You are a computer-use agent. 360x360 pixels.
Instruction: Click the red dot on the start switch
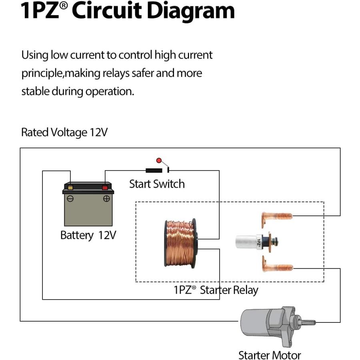pyautogui.click(x=159, y=160)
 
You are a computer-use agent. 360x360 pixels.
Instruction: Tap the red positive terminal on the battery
pyautogui.click(x=105, y=188)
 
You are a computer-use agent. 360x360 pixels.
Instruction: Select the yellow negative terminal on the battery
pyautogui.click(x=70, y=188)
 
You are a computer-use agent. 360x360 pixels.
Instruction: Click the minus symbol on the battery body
pyautogui.click(x=70, y=198)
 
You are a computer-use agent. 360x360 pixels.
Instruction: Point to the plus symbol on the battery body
pyautogui.click(x=106, y=198)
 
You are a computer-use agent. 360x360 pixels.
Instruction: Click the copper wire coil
pyautogui.click(x=181, y=243)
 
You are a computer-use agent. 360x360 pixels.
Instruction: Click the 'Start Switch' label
pyautogui.click(x=157, y=184)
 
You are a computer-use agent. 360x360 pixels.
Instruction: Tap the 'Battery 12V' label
pyautogui.click(x=88, y=235)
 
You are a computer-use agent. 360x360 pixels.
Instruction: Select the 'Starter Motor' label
pyautogui.click(x=270, y=355)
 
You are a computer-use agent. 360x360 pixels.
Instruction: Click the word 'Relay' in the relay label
pyautogui.click(x=246, y=290)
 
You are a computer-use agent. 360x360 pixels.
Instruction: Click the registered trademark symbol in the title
pyautogui.click(x=64, y=5)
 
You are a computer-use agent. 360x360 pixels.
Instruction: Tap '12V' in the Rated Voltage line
pyautogui.click(x=98, y=132)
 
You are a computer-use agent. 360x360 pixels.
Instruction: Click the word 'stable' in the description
pyautogui.click(x=35, y=91)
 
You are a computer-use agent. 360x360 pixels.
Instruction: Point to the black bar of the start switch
pyautogui.click(x=154, y=170)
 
